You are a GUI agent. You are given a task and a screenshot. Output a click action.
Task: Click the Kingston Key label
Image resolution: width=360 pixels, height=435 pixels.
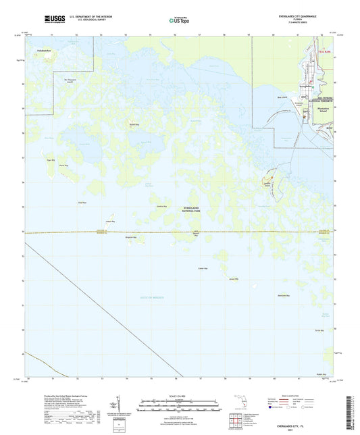pos(131,237)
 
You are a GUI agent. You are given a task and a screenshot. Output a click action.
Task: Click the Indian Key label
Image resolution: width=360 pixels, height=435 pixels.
pos(111,221)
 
